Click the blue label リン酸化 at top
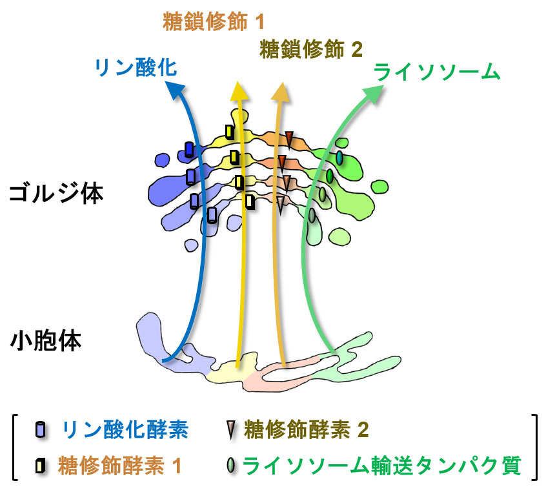pos(136,68)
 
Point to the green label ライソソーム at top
pos(438,71)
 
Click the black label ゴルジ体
pos(56,193)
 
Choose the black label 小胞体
pos(46,340)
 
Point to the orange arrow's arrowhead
pos(281,90)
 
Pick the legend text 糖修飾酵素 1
pos(120,464)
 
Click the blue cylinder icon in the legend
pos(41,429)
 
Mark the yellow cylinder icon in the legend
pos(41,465)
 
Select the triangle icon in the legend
pos(230,429)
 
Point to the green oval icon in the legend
pos(230,465)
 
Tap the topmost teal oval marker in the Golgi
pos(339,158)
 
